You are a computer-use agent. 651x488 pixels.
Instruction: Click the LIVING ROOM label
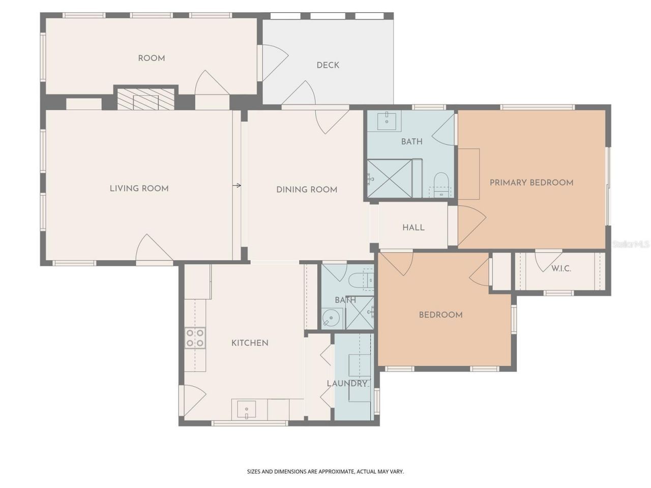click(x=139, y=189)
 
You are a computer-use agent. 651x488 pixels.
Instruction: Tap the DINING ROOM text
click(x=307, y=190)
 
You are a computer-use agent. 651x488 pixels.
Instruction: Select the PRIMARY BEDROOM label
click(x=531, y=182)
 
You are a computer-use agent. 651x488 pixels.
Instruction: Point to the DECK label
click(x=328, y=65)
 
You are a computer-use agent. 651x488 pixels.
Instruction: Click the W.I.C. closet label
click(x=561, y=268)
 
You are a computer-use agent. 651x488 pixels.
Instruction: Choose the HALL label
click(x=413, y=227)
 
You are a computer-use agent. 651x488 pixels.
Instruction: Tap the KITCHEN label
click(x=250, y=343)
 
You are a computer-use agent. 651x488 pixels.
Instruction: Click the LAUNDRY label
click(x=347, y=384)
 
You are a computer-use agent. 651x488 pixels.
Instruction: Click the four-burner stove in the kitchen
click(x=195, y=338)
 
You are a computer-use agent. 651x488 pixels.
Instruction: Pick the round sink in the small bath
click(x=331, y=319)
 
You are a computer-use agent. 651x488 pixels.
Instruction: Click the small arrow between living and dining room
click(x=237, y=186)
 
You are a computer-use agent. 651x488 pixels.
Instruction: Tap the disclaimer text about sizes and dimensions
click(x=325, y=472)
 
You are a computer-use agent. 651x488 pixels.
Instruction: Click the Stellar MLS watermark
click(x=631, y=245)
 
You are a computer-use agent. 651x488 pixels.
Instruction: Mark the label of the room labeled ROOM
click(x=152, y=58)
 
